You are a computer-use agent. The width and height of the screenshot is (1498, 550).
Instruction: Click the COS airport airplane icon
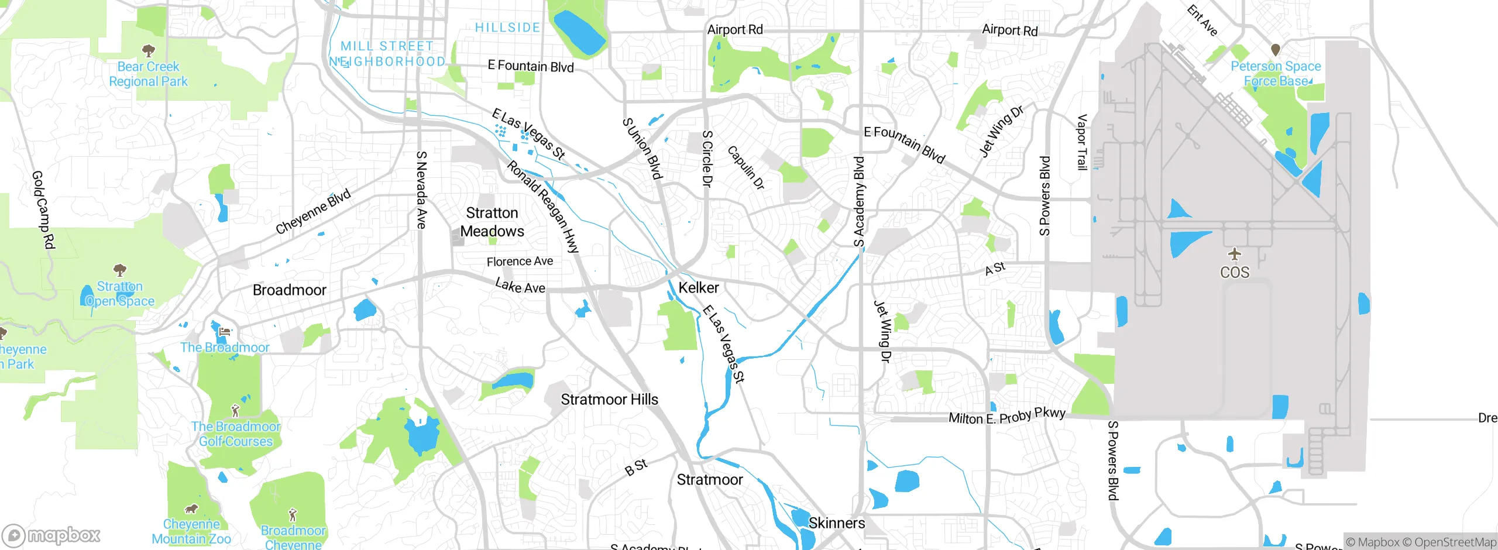(x=1235, y=255)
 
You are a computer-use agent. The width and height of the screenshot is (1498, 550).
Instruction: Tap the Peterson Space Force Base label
(x=1276, y=74)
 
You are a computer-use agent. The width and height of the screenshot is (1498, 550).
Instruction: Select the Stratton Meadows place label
(x=492, y=222)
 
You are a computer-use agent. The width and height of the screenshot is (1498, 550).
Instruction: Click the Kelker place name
(x=699, y=287)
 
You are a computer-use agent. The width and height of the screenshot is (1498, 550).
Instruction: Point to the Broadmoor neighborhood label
(x=289, y=290)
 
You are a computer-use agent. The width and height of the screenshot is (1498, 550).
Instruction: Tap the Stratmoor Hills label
(x=609, y=399)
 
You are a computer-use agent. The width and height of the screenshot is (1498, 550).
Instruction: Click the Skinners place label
(x=836, y=522)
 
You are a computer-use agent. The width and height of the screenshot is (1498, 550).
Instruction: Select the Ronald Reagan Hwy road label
(x=543, y=207)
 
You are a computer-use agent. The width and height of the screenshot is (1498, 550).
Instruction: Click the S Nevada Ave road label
(x=421, y=190)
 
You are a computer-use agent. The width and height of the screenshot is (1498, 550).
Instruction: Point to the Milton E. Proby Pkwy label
(x=1006, y=416)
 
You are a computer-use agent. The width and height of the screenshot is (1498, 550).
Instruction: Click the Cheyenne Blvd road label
(x=313, y=211)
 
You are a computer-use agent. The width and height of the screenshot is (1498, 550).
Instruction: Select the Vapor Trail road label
(x=1082, y=142)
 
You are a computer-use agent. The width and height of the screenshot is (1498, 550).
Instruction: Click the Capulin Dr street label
(x=746, y=167)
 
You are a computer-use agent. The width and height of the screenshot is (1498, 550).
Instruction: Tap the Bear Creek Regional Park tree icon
(x=149, y=50)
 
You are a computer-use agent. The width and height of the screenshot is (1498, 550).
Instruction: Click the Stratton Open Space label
(x=120, y=294)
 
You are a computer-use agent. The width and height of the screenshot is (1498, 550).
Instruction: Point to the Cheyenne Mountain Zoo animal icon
(x=191, y=508)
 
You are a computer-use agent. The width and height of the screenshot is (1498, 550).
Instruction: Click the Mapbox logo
(x=51, y=535)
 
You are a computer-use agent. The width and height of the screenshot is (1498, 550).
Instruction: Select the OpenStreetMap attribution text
(x=1455, y=542)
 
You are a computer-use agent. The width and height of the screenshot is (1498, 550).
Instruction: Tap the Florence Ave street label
(x=520, y=262)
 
